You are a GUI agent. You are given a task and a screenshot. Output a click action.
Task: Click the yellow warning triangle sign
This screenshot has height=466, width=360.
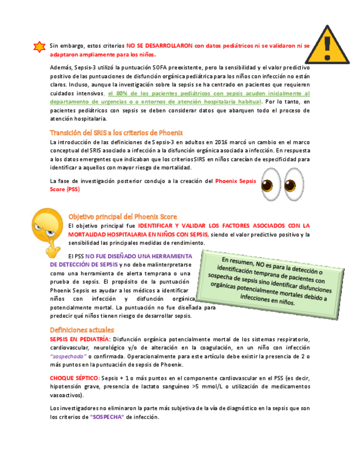327,45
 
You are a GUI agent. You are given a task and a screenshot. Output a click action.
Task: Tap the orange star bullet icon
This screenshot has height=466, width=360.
39,46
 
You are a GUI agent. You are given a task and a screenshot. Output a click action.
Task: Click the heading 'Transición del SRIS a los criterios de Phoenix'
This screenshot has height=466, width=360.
117,132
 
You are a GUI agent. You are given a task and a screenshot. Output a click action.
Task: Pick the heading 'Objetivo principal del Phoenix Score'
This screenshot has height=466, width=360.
123,216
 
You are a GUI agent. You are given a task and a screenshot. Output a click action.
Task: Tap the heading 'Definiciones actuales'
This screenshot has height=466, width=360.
82,330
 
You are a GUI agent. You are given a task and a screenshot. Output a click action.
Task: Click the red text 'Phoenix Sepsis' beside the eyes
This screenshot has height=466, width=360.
236,180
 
